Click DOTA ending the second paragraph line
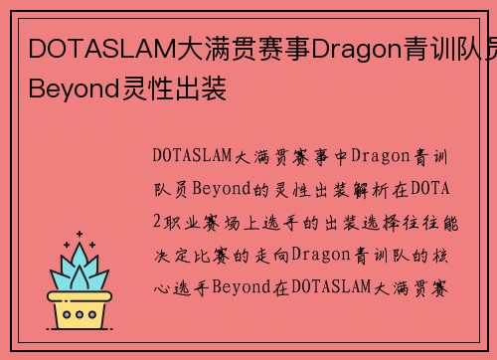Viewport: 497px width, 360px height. (x=411, y=187)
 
